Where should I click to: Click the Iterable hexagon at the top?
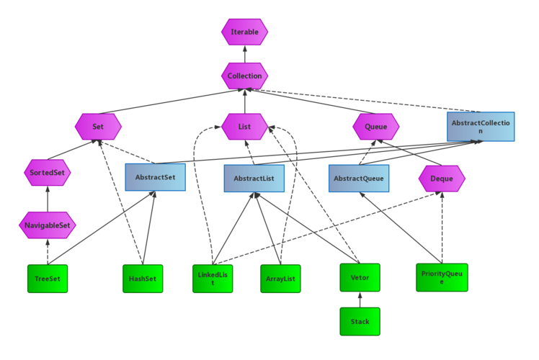244,32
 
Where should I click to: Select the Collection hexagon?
244,76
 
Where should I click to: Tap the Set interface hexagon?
98,127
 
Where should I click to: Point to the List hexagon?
245,127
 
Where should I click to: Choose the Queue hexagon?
375,127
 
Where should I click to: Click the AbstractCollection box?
481,127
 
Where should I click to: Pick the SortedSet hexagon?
48,173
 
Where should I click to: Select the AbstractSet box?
156,177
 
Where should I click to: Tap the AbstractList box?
254,178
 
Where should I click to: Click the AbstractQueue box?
359,178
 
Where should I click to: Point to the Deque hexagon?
442,178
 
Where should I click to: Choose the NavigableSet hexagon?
48,225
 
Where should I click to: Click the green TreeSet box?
48,279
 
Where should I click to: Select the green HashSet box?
143,279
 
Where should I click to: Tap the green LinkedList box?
213,279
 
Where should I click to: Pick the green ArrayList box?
280,279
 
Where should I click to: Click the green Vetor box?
360,277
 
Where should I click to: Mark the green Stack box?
360,321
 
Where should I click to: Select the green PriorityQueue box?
442,277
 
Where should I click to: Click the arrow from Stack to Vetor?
360,300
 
